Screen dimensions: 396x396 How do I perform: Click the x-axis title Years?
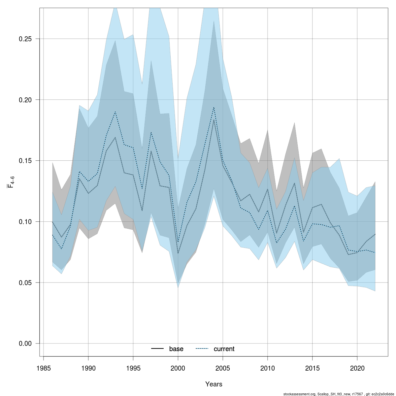214,384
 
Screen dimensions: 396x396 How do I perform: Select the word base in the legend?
176,349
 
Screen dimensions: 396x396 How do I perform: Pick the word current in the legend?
224,349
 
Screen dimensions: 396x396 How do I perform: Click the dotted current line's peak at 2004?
214,107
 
